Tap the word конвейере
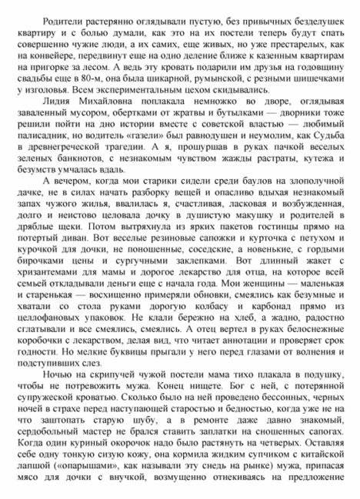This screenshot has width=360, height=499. (39, 56)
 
